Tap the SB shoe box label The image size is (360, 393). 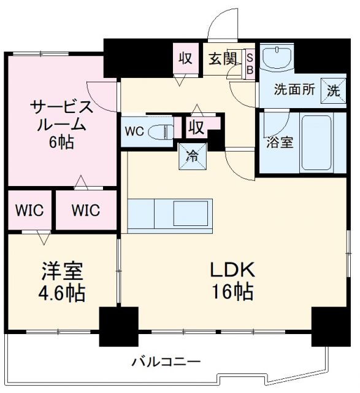tap(250, 63)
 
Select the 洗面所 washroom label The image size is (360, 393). tap(294, 90)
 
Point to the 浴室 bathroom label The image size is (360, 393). tap(279, 143)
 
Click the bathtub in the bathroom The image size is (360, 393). tap(316, 142)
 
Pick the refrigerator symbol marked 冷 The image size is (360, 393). tap(193, 157)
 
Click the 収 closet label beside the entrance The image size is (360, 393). tap(185, 58)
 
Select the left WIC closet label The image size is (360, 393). tap(29, 210)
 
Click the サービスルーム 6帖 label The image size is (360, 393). tap(62, 123)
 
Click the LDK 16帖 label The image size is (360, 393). tap(232, 281)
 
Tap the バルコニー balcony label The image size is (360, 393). tap(166, 361)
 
